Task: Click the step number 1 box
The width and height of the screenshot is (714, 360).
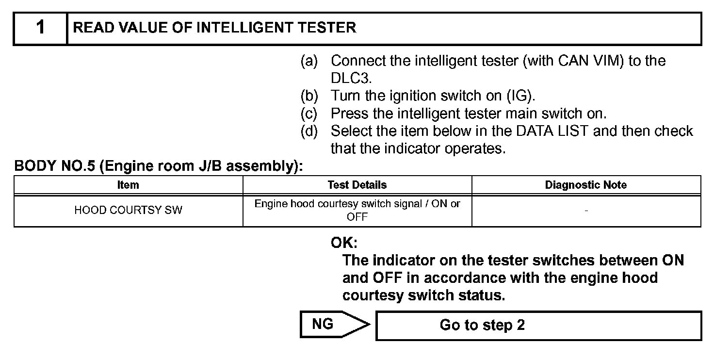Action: pos(40,28)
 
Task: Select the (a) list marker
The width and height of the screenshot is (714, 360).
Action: pos(309,61)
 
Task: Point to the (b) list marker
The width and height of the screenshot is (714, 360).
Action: pos(309,96)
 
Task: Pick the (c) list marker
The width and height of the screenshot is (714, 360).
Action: pos(309,114)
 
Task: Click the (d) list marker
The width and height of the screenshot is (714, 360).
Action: pos(309,131)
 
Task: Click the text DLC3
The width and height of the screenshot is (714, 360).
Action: pos(351,79)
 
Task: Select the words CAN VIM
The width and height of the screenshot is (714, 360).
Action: pos(590,61)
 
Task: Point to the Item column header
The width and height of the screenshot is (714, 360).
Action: pos(128,185)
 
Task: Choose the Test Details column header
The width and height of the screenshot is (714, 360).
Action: pos(357,185)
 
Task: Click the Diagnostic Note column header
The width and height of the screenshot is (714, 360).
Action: pos(586,185)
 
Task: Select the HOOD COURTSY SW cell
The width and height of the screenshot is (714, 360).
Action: pos(128,211)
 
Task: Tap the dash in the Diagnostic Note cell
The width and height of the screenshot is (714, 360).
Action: pos(586,211)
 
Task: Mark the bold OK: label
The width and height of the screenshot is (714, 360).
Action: pos(344,243)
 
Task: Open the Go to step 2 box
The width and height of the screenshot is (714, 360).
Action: pos(538,325)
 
